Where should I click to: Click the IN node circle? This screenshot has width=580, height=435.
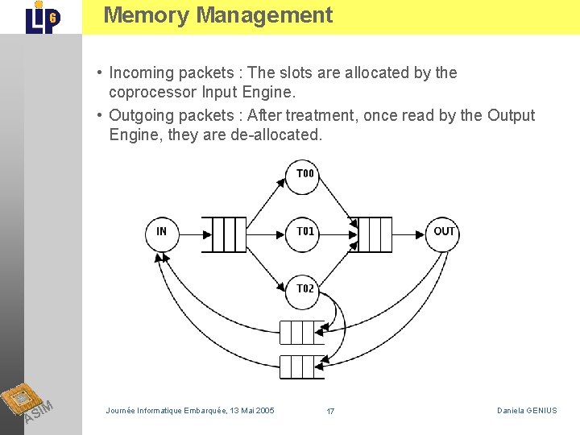point(162,233)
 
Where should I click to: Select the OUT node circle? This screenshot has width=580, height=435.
point(444,233)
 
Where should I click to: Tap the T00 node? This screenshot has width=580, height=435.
point(304,176)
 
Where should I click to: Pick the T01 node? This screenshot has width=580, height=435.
point(304,233)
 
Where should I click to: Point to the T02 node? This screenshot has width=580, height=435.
point(304,290)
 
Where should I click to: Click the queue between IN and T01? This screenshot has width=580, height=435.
point(223,234)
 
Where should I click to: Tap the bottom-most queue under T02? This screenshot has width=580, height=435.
point(300,367)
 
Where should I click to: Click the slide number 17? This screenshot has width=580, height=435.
point(330,412)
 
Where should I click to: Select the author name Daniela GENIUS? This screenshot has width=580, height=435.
point(527,411)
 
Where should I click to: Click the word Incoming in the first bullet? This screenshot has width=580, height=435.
point(142,72)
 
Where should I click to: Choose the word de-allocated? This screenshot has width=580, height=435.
point(276,135)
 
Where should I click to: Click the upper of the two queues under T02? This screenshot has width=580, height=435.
point(300,332)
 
